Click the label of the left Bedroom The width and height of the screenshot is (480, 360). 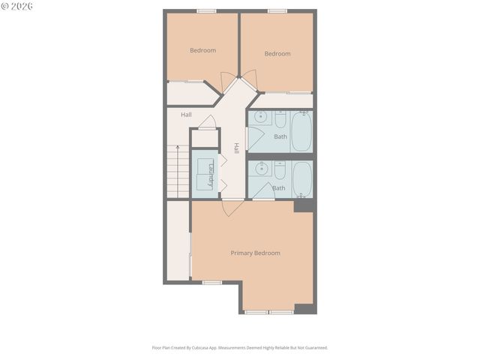point(202,50)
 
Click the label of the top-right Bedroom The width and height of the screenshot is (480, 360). point(277,53)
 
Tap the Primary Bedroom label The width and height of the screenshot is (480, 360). point(255,253)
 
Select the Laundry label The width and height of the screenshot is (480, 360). point(212,175)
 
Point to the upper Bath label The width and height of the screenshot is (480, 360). point(280,136)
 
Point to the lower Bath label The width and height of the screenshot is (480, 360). point(278,187)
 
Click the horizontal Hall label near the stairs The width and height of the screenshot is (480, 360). point(186,115)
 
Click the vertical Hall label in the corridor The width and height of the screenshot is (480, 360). point(235,148)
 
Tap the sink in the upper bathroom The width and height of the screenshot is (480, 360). point(261,118)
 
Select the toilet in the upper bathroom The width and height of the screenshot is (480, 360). point(279,119)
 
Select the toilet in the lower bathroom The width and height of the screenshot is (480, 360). point(279,170)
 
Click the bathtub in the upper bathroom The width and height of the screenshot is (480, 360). point(301,132)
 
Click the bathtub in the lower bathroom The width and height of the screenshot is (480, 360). point(301,180)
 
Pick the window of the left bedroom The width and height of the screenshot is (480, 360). point(206,10)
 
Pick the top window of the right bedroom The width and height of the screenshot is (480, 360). point(277,10)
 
